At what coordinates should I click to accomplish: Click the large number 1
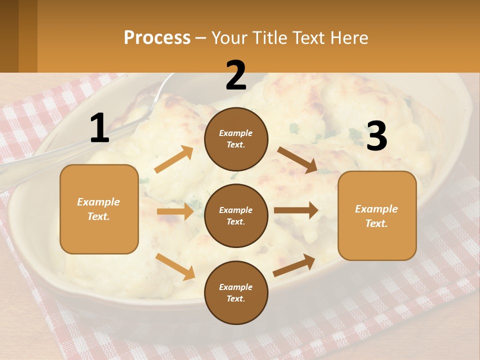tap(99, 128)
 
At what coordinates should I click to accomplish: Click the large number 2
tap(236, 75)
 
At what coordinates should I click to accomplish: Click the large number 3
tap(376, 136)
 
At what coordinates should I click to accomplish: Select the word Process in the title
tap(157, 37)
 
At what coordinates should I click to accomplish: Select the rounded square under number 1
tap(99, 209)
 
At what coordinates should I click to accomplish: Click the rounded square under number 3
tap(377, 215)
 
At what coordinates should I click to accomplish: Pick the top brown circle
tap(236, 139)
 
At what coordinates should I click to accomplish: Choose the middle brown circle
tap(236, 215)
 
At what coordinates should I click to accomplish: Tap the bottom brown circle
tap(236, 292)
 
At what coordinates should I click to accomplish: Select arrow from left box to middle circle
tap(175, 211)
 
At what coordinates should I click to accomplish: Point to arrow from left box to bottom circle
tap(175, 266)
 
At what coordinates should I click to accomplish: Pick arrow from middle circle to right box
tap(296, 210)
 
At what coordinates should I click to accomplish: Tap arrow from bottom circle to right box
tap(294, 265)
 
